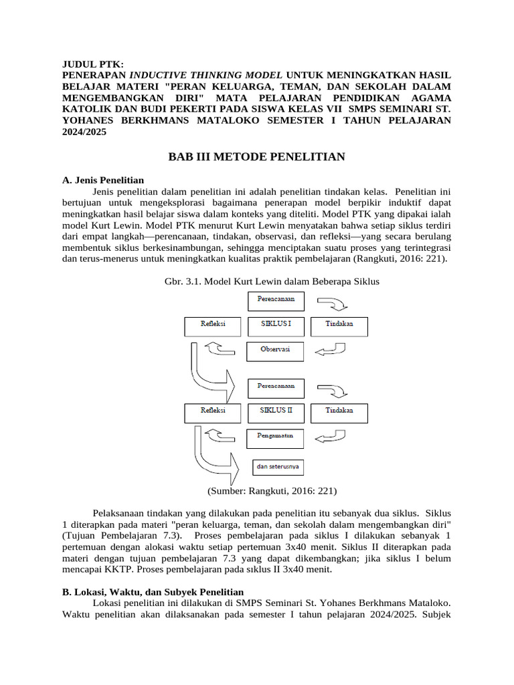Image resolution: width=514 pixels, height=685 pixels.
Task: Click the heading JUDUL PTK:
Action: (x=93, y=64)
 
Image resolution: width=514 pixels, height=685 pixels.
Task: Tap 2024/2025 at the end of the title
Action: (x=84, y=132)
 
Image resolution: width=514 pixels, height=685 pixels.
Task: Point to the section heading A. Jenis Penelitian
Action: (x=102, y=180)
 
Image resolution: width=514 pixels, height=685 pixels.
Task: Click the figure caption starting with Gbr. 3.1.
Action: (x=272, y=282)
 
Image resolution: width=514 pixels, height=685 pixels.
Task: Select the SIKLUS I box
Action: (x=276, y=326)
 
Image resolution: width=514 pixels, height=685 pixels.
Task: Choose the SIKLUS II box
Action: (x=276, y=412)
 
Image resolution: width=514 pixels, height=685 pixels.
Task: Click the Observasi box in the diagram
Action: (x=276, y=351)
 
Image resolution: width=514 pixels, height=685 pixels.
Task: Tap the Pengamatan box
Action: (x=276, y=437)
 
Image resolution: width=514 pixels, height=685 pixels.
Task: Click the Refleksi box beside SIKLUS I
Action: (x=213, y=326)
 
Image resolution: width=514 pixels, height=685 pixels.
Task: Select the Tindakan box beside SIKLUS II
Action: (x=339, y=412)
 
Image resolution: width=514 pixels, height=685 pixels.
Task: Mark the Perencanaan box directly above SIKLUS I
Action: (x=276, y=300)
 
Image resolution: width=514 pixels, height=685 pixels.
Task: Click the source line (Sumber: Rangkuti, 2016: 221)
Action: (x=272, y=491)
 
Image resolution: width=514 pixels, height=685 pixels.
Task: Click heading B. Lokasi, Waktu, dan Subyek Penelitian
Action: (x=153, y=592)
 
